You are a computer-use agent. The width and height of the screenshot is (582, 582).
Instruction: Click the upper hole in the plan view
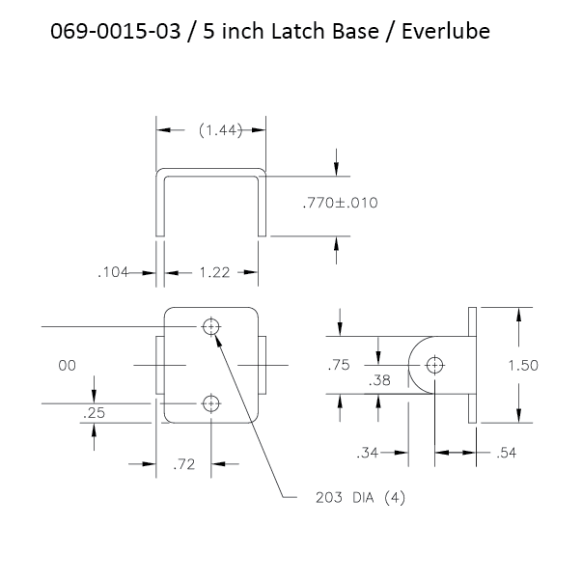point(210,326)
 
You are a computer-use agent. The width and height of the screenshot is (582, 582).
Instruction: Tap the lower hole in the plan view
point(210,403)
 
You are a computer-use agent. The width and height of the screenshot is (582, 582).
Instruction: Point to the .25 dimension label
point(95,412)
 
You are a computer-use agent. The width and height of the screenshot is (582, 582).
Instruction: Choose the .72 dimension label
point(184,465)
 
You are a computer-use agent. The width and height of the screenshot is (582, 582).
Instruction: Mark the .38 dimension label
point(380,381)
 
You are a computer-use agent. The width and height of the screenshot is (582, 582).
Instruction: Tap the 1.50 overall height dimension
point(521,365)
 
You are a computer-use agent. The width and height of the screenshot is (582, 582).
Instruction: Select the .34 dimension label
point(367,452)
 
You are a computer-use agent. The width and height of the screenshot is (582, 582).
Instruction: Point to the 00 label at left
point(67,365)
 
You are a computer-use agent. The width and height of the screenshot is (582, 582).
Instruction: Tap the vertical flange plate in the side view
point(472,365)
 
